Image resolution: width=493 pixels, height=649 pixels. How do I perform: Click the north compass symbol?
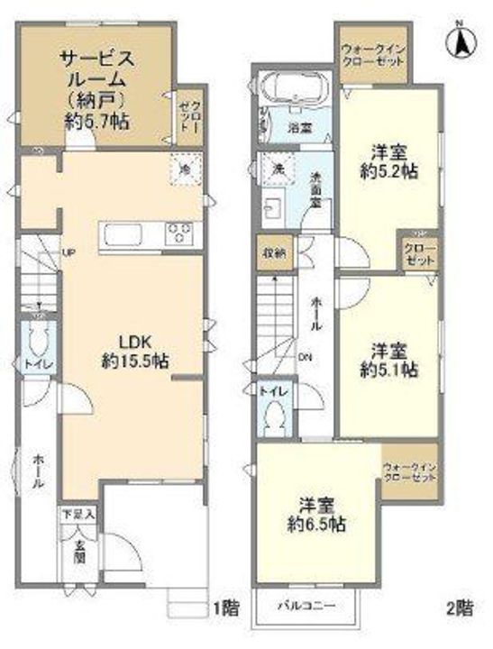pos(460,41)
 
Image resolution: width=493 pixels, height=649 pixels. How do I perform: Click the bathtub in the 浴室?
pos(297,90)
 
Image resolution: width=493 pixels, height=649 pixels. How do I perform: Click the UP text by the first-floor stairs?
pos(68,251)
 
